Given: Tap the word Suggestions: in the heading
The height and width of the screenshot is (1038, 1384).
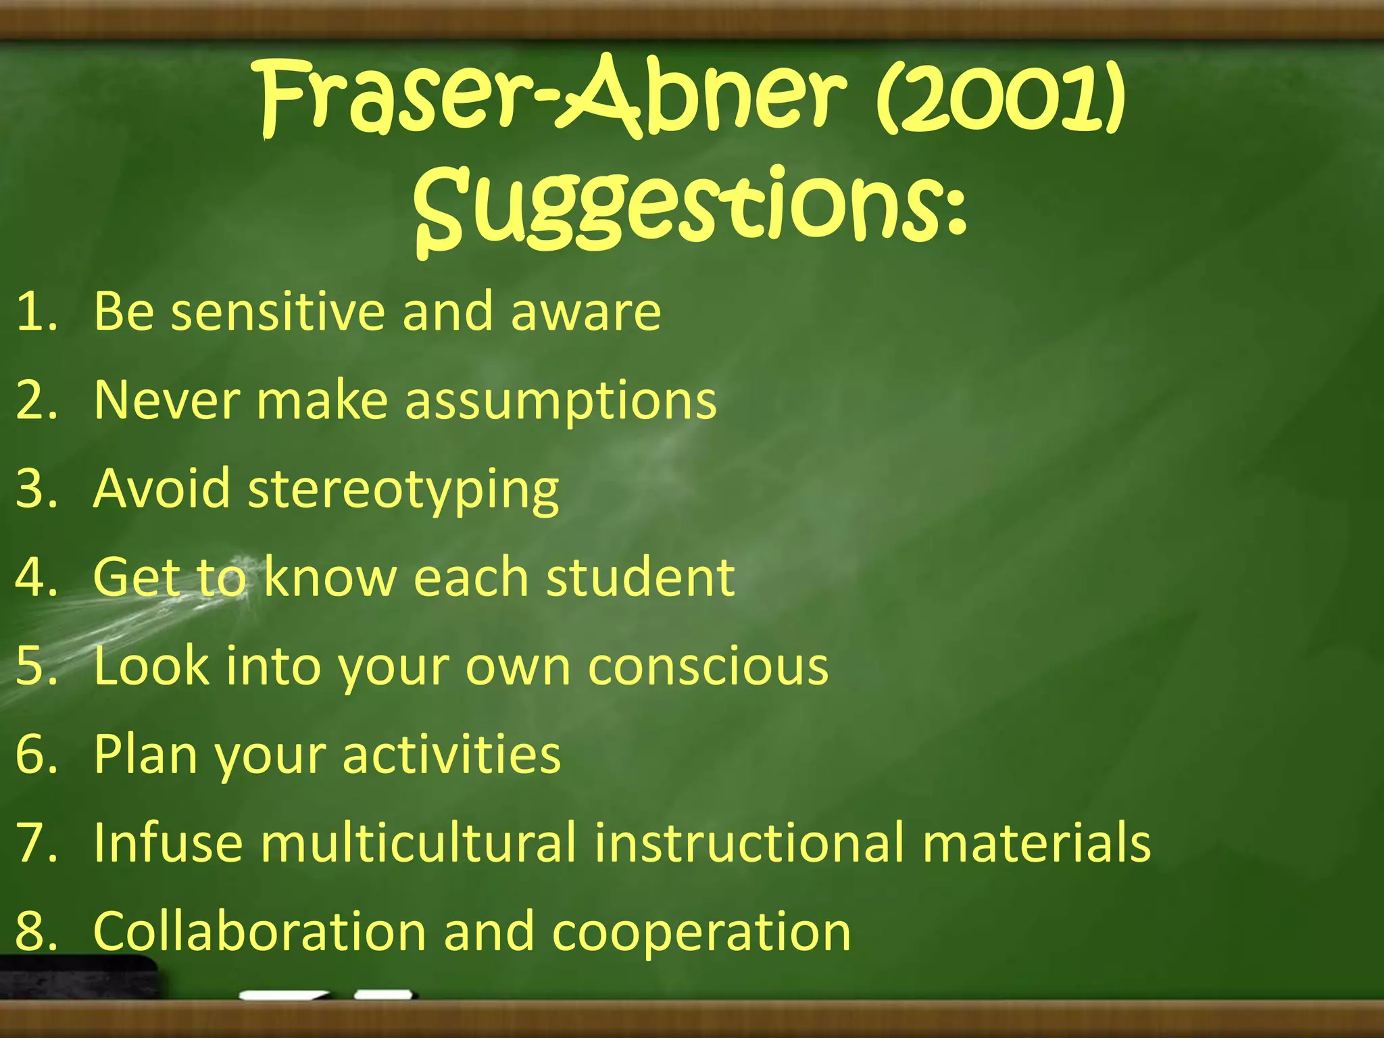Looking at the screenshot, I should point(689,206).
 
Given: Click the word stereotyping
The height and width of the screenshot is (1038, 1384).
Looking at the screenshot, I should point(403,490).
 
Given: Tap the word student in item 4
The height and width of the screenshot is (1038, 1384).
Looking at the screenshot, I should point(640,578).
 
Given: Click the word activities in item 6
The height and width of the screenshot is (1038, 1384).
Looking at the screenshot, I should point(451,754).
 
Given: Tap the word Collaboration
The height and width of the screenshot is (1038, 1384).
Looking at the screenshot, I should point(259,931).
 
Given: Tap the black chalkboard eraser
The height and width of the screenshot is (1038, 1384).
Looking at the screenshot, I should point(78,977).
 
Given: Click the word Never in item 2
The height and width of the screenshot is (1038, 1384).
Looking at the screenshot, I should point(166,400).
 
